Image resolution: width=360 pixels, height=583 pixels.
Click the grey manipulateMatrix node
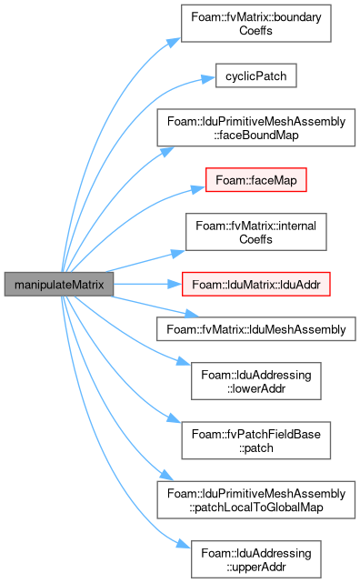59,285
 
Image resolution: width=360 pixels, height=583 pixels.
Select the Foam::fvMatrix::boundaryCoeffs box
256,24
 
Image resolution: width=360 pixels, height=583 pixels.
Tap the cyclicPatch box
256,75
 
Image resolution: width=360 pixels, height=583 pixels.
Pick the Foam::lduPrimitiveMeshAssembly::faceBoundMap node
256,127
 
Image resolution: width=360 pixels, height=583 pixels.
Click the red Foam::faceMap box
256,180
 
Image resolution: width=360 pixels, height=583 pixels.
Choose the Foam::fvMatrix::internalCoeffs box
256,232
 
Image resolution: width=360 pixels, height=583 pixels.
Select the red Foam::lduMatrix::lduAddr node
256,285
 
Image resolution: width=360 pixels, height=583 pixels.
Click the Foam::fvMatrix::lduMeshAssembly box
256,329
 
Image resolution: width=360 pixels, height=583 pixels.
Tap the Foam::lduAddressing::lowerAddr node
256,381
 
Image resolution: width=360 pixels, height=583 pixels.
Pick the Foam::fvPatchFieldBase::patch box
256,440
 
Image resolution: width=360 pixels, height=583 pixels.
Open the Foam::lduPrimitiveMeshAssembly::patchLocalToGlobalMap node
256,500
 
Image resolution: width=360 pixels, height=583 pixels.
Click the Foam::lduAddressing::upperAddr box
256,559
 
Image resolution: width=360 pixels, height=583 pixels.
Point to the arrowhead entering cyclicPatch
208,79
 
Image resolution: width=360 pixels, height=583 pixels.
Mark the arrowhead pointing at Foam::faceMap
199,189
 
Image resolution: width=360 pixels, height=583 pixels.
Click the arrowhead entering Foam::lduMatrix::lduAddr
175,285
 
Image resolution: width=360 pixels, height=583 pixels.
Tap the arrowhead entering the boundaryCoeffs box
174,42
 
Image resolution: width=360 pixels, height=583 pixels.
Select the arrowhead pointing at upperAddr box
184,544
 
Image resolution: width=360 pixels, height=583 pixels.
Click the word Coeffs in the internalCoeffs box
255,239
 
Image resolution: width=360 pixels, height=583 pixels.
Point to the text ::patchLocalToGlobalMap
256,508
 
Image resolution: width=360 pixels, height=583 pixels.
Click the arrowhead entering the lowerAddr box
184,361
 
